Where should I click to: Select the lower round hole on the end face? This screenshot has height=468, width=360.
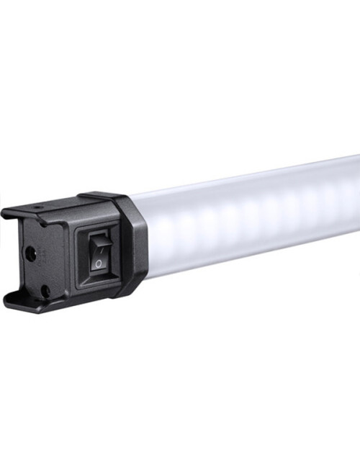click(45, 289)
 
